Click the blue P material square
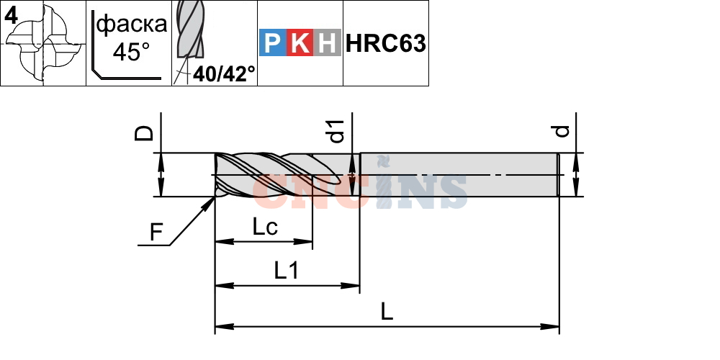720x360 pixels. point(273,42)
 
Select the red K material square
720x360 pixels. point(300,42)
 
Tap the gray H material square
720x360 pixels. point(328,42)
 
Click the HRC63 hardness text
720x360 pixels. point(386,44)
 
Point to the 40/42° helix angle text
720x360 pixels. point(224,74)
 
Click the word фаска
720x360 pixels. point(132,24)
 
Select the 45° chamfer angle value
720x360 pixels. point(131,52)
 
